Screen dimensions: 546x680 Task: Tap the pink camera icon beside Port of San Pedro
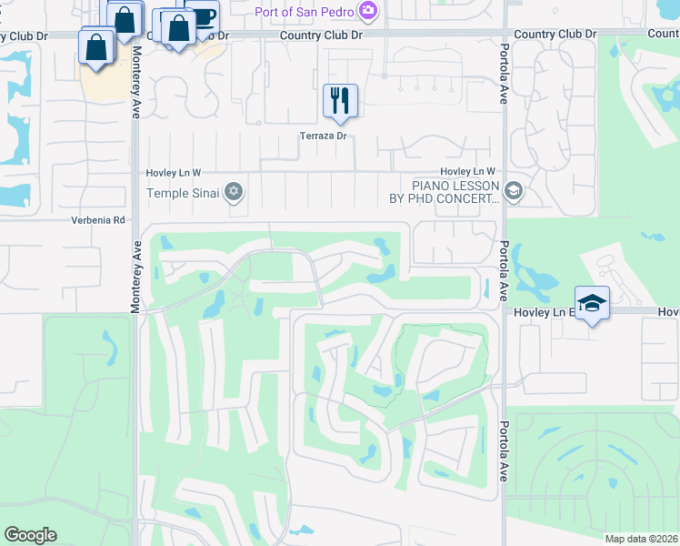pyautogui.click(x=368, y=12)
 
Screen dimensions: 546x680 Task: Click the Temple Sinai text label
pyautogui.click(x=185, y=192)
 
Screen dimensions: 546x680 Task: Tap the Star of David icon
pyautogui.click(x=234, y=191)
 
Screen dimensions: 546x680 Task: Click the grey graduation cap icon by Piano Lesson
pyautogui.click(x=514, y=191)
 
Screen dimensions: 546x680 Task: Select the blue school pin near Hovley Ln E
pyautogui.click(x=591, y=303)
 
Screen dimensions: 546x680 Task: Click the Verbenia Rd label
pyautogui.click(x=98, y=220)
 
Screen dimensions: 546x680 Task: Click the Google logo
pyautogui.click(x=30, y=535)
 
